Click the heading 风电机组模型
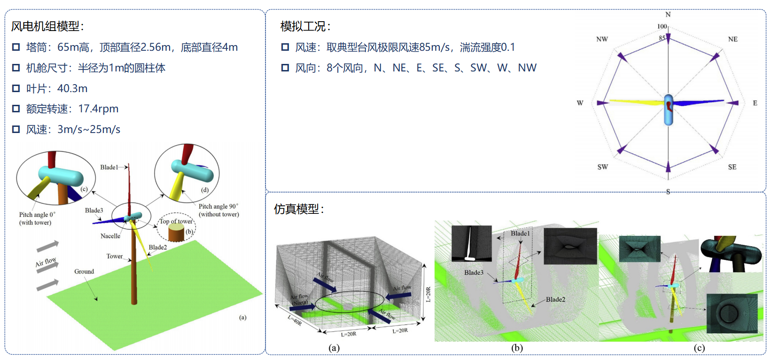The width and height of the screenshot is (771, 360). (47, 26)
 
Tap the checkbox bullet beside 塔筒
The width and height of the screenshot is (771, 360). (16, 47)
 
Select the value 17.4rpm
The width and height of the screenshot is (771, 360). (98, 109)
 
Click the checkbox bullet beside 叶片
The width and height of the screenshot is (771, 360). (16, 88)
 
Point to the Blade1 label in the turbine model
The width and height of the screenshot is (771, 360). (109, 167)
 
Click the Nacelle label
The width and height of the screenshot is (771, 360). (110, 236)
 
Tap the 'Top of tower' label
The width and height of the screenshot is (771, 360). (176, 221)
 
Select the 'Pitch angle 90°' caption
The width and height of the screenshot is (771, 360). (218, 206)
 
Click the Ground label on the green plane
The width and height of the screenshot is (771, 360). (84, 272)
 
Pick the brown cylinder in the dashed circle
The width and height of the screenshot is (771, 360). (176, 233)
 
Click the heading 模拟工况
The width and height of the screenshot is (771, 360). (305, 26)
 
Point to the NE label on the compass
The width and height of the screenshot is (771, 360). (732, 39)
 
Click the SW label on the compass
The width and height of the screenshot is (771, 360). (602, 167)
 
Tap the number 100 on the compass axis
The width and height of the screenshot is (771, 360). (662, 26)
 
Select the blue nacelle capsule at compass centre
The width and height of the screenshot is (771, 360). (669, 110)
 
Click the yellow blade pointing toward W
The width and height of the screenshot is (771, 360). (634, 102)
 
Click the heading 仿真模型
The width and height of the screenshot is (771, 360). (299, 209)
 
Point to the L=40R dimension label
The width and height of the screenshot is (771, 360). (295, 321)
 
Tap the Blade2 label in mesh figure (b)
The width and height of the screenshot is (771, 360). (555, 299)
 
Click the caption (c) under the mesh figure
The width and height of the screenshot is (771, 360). (699, 348)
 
